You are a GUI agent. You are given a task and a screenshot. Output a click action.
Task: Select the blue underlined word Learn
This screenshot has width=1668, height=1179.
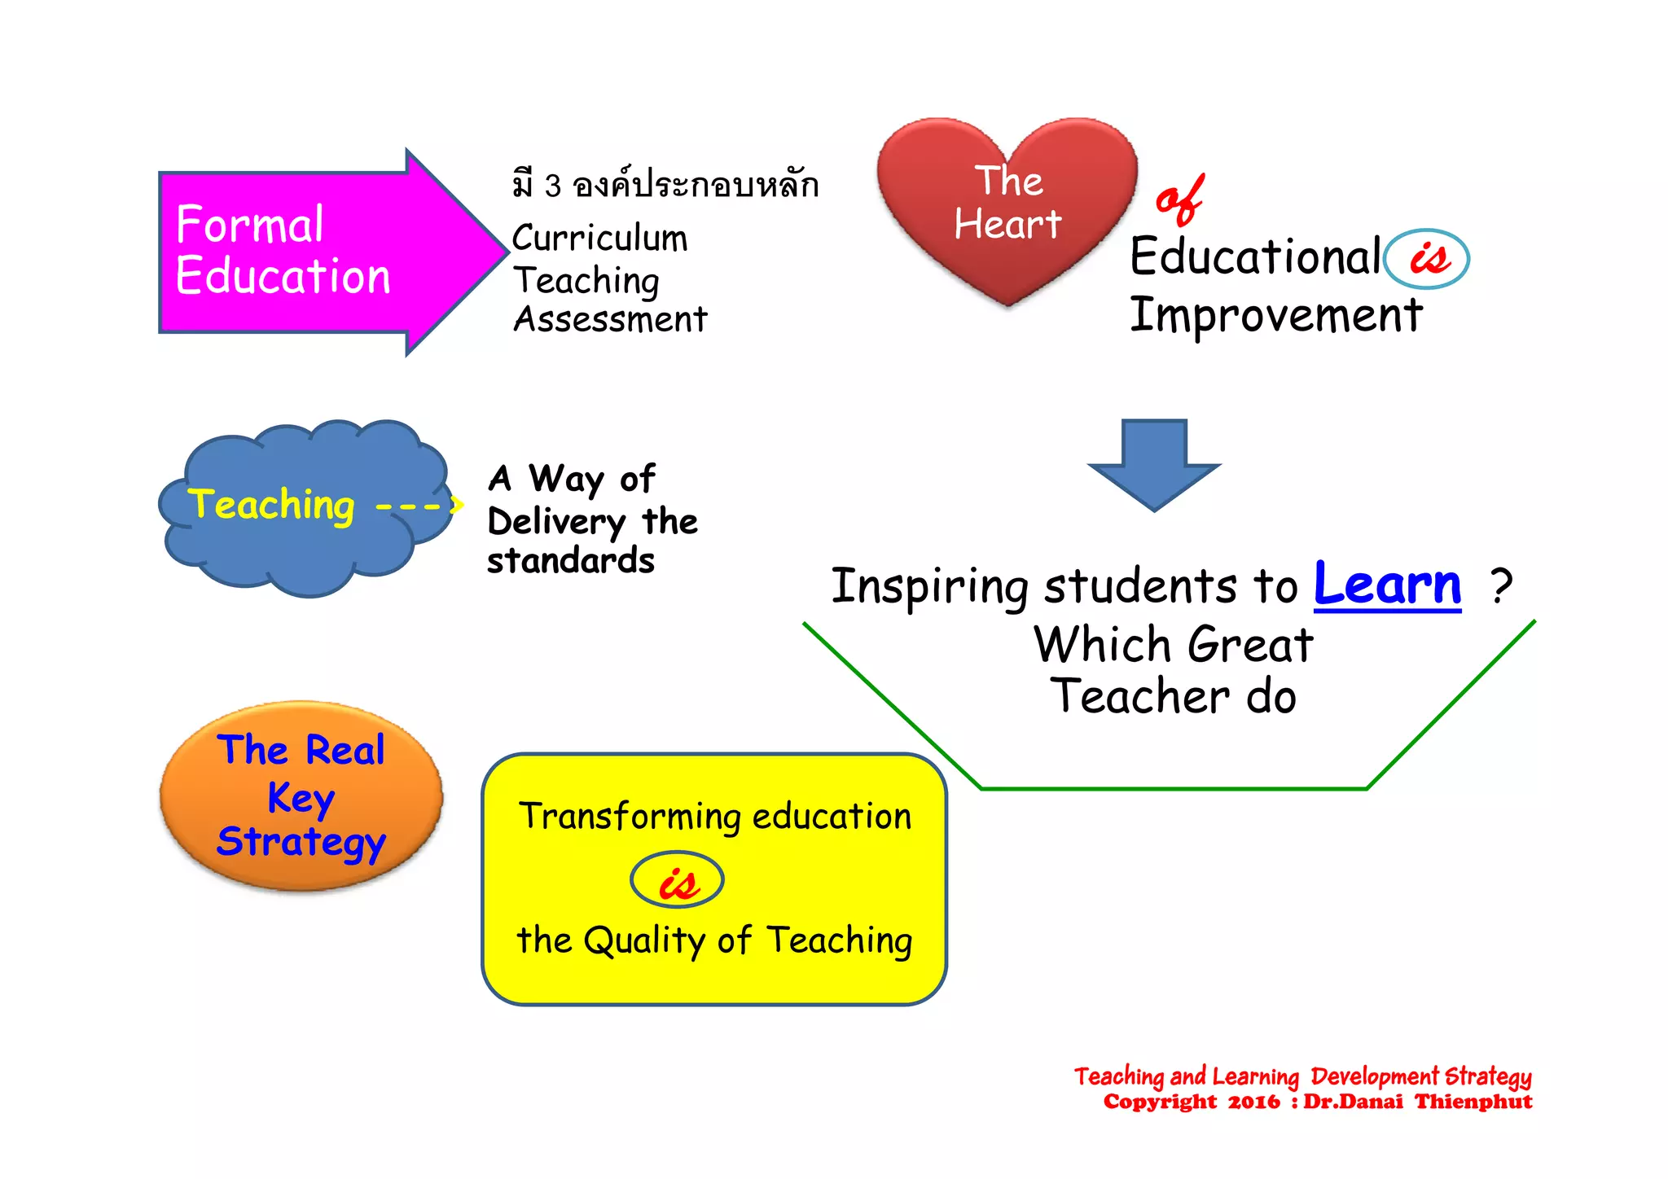point(1387,585)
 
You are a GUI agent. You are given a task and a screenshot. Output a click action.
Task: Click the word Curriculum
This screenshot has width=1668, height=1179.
point(599,239)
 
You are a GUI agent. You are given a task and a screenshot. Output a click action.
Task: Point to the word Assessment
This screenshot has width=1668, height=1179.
point(610,319)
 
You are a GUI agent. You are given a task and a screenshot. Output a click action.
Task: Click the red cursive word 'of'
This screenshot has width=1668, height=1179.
point(1179,200)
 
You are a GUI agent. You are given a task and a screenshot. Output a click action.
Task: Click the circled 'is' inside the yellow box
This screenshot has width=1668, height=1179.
point(677,881)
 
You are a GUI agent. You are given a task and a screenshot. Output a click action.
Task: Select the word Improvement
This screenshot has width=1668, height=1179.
point(1275,316)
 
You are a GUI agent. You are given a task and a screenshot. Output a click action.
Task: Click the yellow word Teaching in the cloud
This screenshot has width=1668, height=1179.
point(271,505)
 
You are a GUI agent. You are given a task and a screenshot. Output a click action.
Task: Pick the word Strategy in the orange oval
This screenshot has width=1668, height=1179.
point(301,842)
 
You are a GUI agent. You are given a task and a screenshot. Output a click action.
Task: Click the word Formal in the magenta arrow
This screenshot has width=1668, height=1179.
point(249,225)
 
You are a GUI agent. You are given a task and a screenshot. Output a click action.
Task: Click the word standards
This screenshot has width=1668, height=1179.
point(570,561)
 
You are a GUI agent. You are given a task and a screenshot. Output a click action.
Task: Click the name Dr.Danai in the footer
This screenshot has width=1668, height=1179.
point(1353,1102)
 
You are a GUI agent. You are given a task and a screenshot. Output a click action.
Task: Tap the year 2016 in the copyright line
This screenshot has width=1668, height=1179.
point(1253,1102)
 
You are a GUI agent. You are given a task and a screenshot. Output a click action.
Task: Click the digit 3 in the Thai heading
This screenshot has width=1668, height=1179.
point(553,186)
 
